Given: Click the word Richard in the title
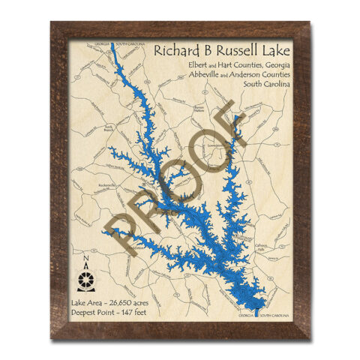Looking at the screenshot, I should (175, 52).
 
